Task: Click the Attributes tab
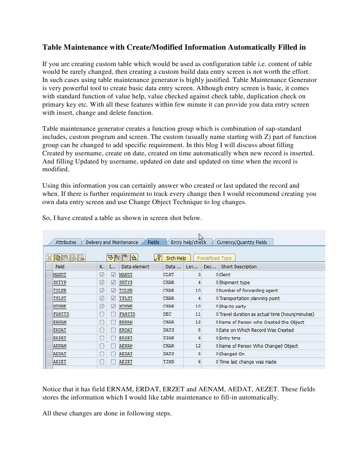66,242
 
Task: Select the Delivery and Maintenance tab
112,242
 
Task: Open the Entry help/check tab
188,242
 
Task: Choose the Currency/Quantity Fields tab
241,242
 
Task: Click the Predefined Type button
214,258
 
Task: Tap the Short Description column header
238,266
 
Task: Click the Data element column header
135,266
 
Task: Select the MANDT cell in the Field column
60,275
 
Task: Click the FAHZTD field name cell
61,314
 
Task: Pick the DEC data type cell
168,314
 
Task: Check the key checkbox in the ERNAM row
101,322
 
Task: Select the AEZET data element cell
126,362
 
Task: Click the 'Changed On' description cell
232,354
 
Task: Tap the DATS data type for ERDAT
168,330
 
